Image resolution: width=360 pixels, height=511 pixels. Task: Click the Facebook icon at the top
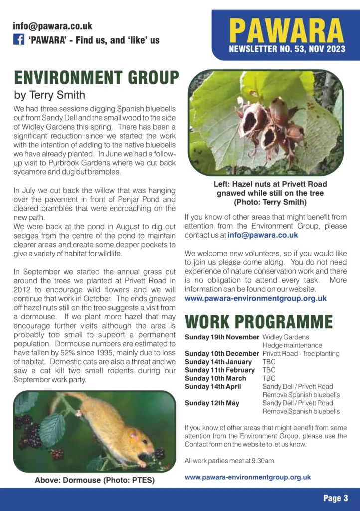click(19, 40)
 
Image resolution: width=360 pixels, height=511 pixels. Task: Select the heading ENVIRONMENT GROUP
click(96, 78)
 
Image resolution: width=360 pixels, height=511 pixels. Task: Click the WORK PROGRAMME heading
click(258, 321)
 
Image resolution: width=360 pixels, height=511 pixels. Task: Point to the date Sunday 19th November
click(222, 337)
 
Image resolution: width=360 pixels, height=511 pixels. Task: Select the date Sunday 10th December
click(222, 354)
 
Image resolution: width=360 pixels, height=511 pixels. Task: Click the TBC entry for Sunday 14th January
click(269, 362)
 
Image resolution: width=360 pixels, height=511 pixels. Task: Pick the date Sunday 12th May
click(212, 403)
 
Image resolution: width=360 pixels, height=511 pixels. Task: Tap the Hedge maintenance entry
click(292, 345)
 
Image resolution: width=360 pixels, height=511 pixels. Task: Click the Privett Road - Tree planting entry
click(301, 354)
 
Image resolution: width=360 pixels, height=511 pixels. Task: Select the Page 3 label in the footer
click(335, 498)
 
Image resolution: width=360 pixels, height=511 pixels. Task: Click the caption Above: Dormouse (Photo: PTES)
click(94, 480)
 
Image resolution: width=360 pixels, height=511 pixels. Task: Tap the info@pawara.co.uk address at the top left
click(52, 26)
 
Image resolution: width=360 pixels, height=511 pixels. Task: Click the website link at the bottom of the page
click(247, 477)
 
